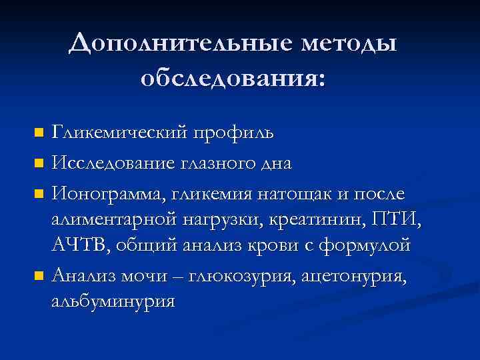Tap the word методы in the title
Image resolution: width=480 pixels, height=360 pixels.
click(x=349, y=45)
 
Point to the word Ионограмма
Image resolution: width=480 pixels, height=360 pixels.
click(x=109, y=194)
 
